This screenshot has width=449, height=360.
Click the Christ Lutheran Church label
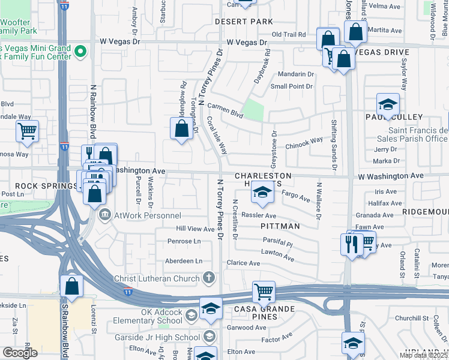pyautogui.click(x=157, y=278)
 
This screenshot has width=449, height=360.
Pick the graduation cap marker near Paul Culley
pyautogui.click(x=388, y=105)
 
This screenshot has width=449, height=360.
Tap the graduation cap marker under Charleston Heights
pyautogui.click(x=262, y=193)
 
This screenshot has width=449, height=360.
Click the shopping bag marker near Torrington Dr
pyautogui.click(x=181, y=129)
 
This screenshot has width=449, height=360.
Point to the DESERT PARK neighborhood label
pyautogui.click(x=245, y=22)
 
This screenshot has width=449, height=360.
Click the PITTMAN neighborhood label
pyautogui.click(x=280, y=226)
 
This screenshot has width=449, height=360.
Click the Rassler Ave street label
pyautogui.click(x=259, y=215)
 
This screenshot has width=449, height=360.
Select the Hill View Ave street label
pyautogui.click(x=195, y=229)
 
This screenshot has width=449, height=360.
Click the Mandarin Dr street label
pyautogui.click(x=295, y=75)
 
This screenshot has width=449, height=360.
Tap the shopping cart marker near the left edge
pyautogui.click(x=27, y=131)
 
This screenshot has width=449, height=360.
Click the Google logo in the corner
pyautogui.click(x=19, y=353)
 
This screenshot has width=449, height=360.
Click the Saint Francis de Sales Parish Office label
pyautogui.click(x=418, y=135)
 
